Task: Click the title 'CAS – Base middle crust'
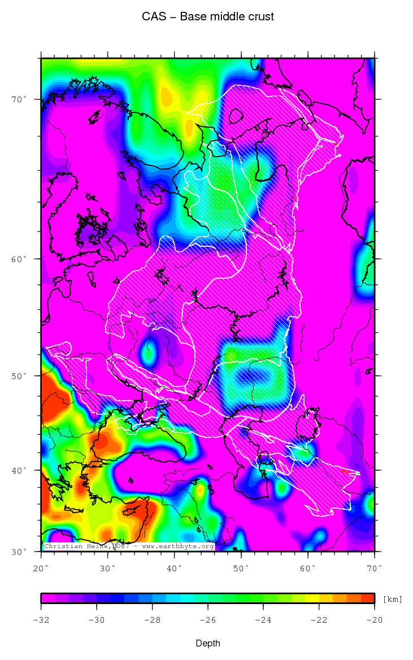(208, 17)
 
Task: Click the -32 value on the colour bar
(41, 620)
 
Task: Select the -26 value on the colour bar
(207, 620)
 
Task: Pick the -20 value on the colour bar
(374, 620)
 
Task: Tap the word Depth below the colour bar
(208, 644)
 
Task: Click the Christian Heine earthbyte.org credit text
(129, 546)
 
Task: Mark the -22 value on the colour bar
(319, 620)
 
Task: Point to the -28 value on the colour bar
(152, 620)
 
